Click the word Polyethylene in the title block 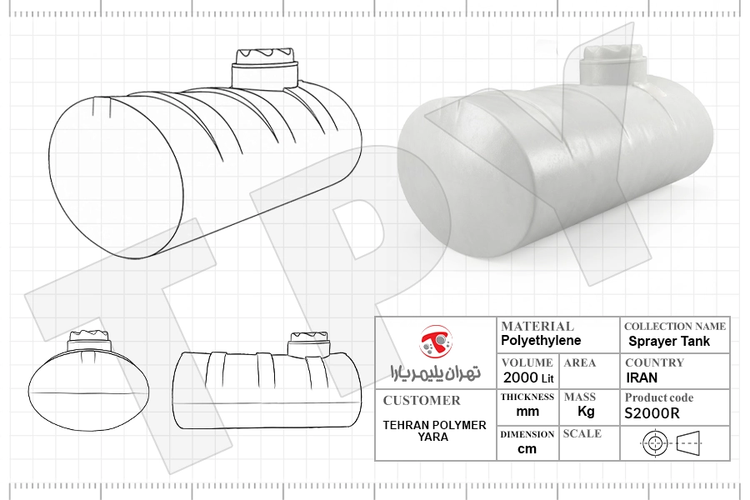[x=541, y=341]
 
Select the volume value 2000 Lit [x=528, y=377]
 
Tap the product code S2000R [x=652, y=413]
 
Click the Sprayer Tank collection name [x=668, y=341]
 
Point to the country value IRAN [x=642, y=378]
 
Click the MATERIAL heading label [x=537, y=327]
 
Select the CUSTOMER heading [x=422, y=401]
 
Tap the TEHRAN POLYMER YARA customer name [x=434, y=431]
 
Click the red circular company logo [x=436, y=341]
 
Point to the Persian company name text [x=435, y=372]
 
